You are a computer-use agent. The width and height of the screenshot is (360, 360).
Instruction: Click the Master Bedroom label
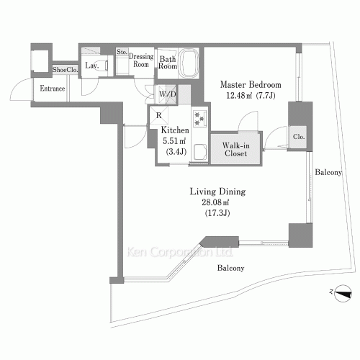pyautogui.click(x=251, y=85)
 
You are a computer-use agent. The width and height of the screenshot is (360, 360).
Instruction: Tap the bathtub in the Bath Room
pyautogui.click(x=189, y=63)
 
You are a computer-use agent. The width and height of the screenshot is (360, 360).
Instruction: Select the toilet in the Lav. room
pyautogui.click(x=102, y=65)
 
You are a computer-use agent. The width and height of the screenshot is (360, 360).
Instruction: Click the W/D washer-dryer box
pyautogui.click(x=167, y=94)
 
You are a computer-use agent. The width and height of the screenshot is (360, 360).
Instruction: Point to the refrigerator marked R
pyautogui.click(x=159, y=115)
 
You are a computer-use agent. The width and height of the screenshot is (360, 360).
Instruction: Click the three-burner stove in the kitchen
pyautogui.click(x=199, y=118)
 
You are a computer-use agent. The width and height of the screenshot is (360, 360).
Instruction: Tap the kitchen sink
pyautogui.click(x=200, y=152)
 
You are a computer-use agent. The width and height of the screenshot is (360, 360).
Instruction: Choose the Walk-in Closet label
pyautogui.click(x=235, y=149)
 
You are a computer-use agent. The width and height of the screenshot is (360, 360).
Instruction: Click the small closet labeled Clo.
pyautogui.click(x=298, y=137)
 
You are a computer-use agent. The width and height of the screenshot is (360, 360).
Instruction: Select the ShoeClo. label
pyautogui.click(x=66, y=70)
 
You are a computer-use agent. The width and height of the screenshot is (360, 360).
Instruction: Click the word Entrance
pyautogui.click(x=53, y=89)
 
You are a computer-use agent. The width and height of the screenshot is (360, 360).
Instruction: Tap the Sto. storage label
pyautogui.click(x=122, y=52)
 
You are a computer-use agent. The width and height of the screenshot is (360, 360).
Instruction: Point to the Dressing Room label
pyautogui.click(x=141, y=60)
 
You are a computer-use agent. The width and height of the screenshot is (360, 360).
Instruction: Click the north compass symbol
pyautogui.click(x=343, y=293)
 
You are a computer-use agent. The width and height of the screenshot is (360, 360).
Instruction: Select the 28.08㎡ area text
pyautogui.click(x=215, y=202)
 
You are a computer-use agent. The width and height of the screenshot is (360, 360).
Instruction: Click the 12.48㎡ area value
pyautogui.click(x=239, y=96)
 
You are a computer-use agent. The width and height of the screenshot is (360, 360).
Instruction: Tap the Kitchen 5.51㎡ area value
pyautogui.click(x=174, y=141)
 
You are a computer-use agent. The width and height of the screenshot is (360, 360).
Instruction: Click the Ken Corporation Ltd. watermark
pyautogui.click(x=180, y=252)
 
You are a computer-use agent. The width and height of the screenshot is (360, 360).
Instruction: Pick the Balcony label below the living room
pyautogui.click(x=230, y=268)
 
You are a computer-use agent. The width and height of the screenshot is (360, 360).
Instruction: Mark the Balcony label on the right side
pyautogui.click(x=328, y=172)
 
